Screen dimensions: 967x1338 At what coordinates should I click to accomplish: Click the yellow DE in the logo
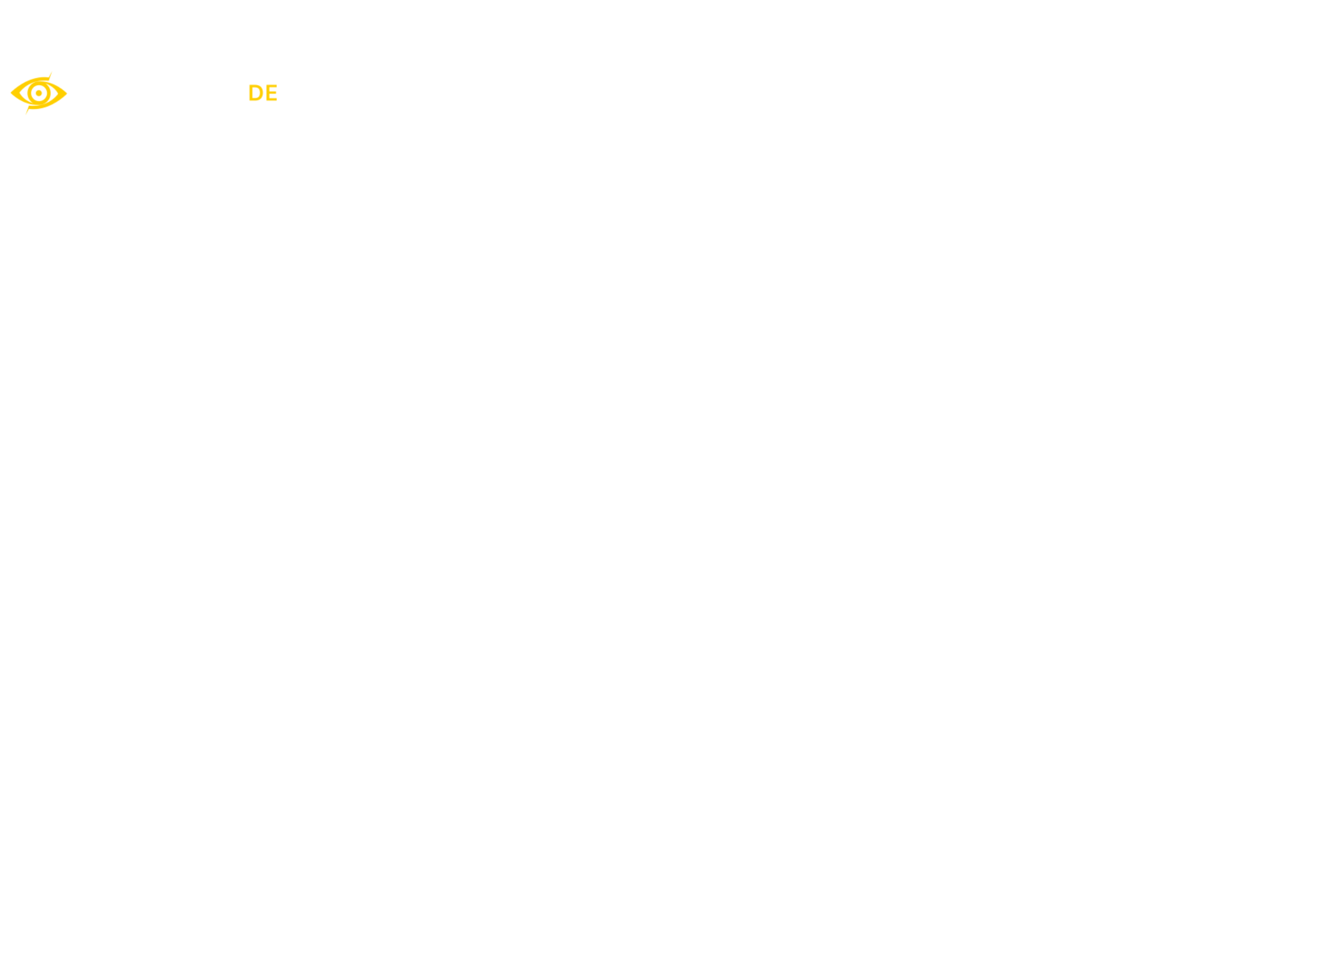pos(263,93)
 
